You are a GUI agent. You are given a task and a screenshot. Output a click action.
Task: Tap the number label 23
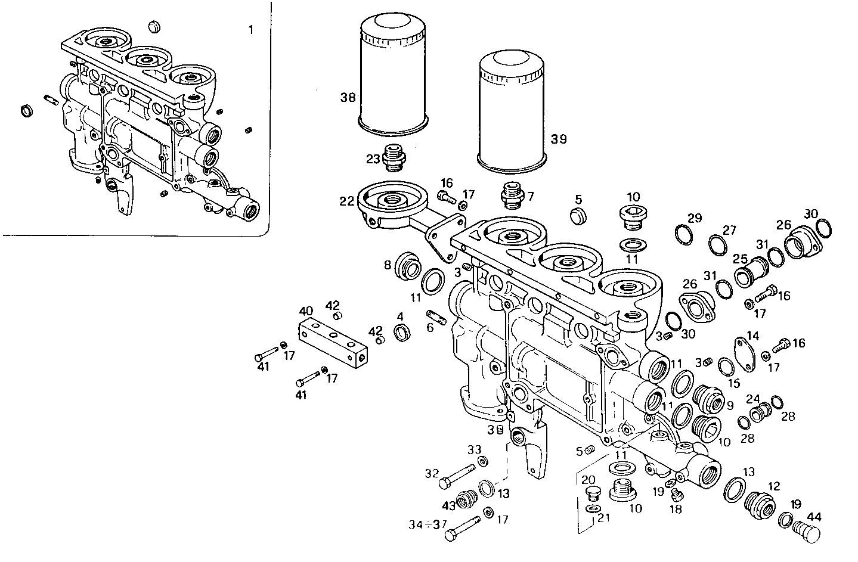[x=373, y=159]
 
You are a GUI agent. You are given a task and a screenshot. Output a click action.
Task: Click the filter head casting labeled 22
[x=391, y=205]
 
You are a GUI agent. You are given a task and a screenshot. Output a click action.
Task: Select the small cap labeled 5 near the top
[x=578, y=216]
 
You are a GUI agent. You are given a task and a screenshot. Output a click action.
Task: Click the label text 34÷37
[x=428, y=524]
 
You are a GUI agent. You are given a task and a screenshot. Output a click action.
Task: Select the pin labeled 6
[x=436, y=316]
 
